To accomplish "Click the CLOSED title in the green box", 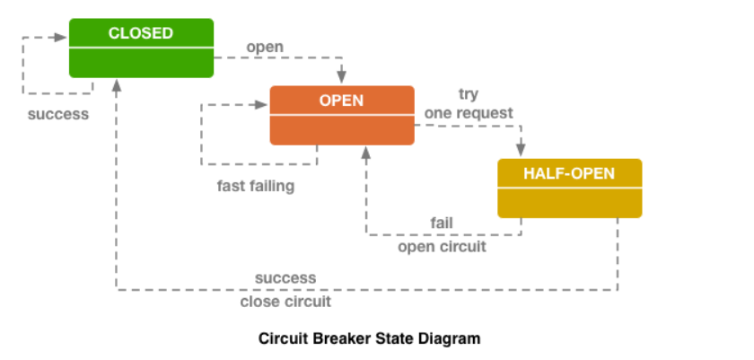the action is (x=141, y=33).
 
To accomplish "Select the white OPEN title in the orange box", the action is (x=341, y=101).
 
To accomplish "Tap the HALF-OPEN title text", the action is (x=569, y=173).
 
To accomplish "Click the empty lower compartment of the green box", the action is (x=142, y=63).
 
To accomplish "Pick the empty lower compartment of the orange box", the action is (x=342, y=130).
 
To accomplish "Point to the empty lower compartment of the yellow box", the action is (x=570, y=203).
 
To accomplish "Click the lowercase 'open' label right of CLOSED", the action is (x=265, y=48).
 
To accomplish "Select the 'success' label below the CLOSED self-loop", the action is (x=58, y=114).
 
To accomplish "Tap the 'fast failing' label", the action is (x=255, y=186).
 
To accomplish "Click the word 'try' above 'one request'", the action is (x=469, y=94).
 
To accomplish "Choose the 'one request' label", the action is (x=469, y=113).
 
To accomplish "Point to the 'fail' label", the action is (x=442, y=223).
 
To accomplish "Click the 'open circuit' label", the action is (x=442, y=247).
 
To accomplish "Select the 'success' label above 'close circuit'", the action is (x=285, y=278).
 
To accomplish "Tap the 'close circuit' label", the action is (x=285, y=302).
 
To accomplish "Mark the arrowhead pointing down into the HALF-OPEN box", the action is (x=521, y=150).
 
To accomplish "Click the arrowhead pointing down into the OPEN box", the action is (x=341, y=77).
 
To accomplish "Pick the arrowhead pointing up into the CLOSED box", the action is (x=116, y=85).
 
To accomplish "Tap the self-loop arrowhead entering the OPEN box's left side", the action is (x=261, y=105).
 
